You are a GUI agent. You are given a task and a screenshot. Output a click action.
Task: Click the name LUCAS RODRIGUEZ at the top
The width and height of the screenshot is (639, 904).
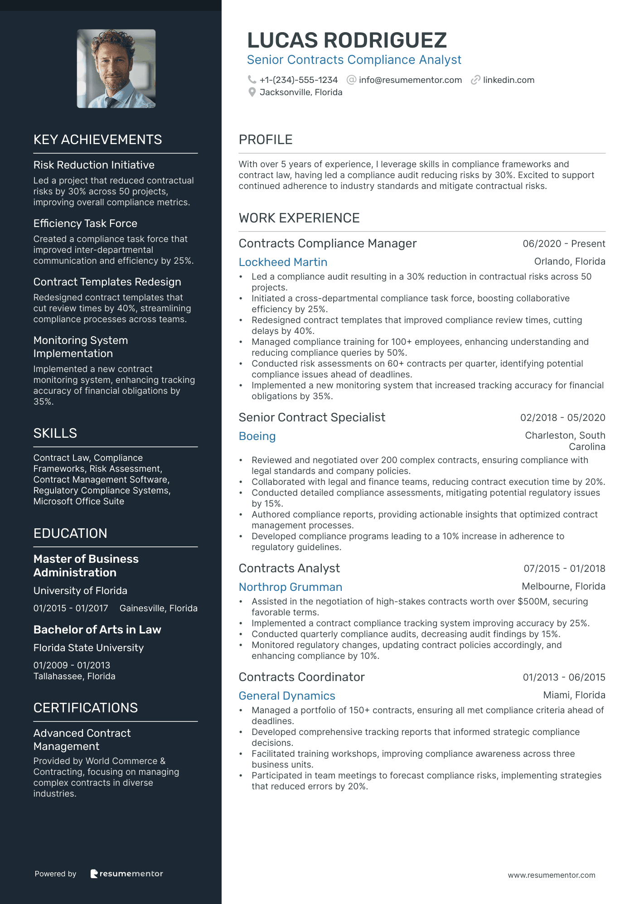[x=347, y=40]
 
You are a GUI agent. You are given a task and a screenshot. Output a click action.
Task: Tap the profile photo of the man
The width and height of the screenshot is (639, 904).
[x=116, y=68]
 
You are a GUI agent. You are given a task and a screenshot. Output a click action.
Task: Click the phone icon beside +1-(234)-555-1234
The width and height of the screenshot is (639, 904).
[x=252, y=80]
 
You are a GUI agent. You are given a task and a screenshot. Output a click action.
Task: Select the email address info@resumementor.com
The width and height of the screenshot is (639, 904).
[x=410, y=80]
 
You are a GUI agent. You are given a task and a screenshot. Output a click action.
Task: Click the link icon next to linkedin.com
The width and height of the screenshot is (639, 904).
[x=475, y=80]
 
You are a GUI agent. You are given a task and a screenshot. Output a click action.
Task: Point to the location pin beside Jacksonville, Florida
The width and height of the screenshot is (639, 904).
[x=252, y=92]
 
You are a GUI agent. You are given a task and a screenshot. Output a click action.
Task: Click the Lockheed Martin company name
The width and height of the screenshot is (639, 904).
[x=283, y=262]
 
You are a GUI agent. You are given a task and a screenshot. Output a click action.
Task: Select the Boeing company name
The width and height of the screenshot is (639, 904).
[x=257, y=436]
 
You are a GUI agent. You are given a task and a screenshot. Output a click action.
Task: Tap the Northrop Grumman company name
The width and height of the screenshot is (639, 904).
[x=290, y=587]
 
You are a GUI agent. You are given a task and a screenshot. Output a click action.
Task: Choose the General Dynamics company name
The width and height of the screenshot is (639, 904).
[x=287, y=696]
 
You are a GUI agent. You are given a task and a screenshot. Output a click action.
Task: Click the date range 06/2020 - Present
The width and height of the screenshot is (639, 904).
[x=564, y=244]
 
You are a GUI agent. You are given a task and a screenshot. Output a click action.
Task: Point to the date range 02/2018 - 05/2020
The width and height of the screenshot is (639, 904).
[x=562, y=418]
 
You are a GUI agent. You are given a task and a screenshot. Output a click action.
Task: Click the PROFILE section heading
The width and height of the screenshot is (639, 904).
[x=266, y=140]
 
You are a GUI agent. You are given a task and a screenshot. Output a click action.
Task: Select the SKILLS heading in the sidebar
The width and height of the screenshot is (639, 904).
[x=55, y=433]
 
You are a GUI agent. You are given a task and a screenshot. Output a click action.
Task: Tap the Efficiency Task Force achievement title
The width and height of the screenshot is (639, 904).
[x=85, y=223]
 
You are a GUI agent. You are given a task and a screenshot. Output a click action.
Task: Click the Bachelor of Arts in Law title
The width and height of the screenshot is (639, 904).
[x=97, y=629]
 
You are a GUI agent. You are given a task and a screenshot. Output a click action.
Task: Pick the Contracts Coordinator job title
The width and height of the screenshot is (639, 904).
[x=301, y=677]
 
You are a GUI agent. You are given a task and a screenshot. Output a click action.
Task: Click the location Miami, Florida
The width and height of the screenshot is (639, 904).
[x=574, y=695]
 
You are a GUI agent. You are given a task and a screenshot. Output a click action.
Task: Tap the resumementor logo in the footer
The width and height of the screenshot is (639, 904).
[x=127, y=874]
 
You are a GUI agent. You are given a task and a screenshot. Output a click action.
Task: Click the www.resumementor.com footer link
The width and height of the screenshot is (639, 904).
[x=552, y=875]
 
